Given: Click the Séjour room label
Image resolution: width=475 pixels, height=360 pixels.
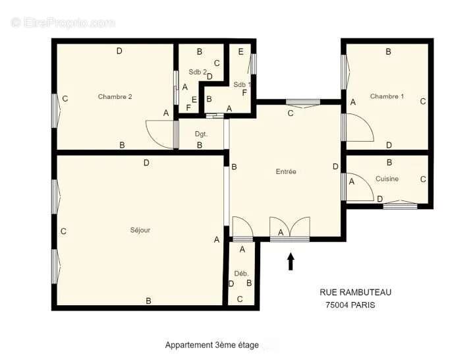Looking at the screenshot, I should click(140, 230).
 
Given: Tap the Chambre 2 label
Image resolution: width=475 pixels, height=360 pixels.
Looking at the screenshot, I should click(115, 97).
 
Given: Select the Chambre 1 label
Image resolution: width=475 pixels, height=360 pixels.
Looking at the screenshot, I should click(387, 97).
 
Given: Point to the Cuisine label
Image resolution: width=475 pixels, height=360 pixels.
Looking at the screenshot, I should click(387, 179).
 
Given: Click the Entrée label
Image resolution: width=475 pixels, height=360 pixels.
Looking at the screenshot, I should click(286, 171).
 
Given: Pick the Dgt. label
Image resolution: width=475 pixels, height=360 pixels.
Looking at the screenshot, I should click(201, 134).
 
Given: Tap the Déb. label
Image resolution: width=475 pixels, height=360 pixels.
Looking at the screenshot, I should click(241, 273).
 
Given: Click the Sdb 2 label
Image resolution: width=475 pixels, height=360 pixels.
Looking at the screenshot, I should click(198, 72).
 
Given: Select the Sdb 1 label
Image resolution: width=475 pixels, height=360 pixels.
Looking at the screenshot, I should click(242, 84).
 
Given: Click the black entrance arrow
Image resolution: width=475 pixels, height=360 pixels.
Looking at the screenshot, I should click(291, 261).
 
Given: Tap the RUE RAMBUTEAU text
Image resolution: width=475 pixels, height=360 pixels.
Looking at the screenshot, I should click(360, 292).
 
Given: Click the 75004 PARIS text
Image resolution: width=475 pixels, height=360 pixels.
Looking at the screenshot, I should click(350, 305).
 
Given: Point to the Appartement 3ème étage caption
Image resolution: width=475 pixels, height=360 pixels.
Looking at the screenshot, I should click(211, 345).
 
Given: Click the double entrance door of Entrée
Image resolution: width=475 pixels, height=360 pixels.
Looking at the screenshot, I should click(290, 228).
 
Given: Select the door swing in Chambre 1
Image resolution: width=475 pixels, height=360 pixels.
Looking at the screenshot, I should click(360, 127).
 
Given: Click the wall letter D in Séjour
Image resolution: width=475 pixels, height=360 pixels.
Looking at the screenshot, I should click(146, 163).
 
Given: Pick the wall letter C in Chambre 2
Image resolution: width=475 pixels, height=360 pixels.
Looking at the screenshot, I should click(65, 100).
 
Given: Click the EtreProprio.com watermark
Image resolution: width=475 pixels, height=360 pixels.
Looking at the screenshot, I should click(63, 22).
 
